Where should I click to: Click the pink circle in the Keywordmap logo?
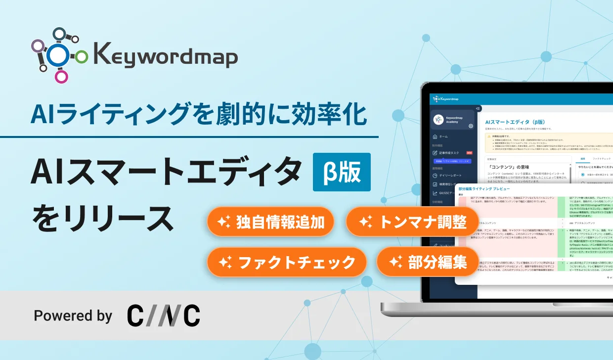click(x=61, y=76)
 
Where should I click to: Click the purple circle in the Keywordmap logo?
click(x=37, y=46)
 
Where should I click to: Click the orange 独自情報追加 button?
click(x=270, y=222)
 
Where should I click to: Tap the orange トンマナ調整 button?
click(x=413, y=222)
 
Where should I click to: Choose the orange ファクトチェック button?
click(x=287, y=262)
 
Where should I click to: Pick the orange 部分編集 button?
click(x=428, y=262)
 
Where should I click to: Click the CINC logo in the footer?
click(x=164, y=315)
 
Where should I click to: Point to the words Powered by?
click(x=73, y=315)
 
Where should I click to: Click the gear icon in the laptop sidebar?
click(x=471, y=126)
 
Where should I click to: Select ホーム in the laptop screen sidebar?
click(x=443, y=136)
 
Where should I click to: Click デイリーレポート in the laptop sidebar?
click(x=450, y=175)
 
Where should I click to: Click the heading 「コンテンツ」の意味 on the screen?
click(x=509, y=168)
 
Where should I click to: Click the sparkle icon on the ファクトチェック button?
click(x=225, y=263)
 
